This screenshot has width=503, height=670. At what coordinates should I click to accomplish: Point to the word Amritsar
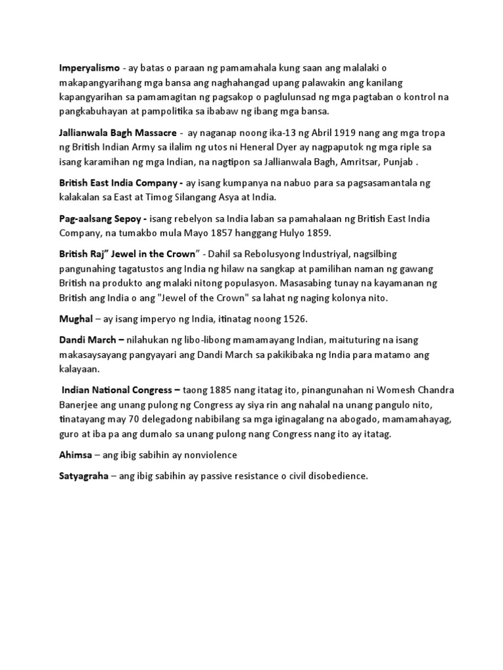(x=353, y=163)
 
